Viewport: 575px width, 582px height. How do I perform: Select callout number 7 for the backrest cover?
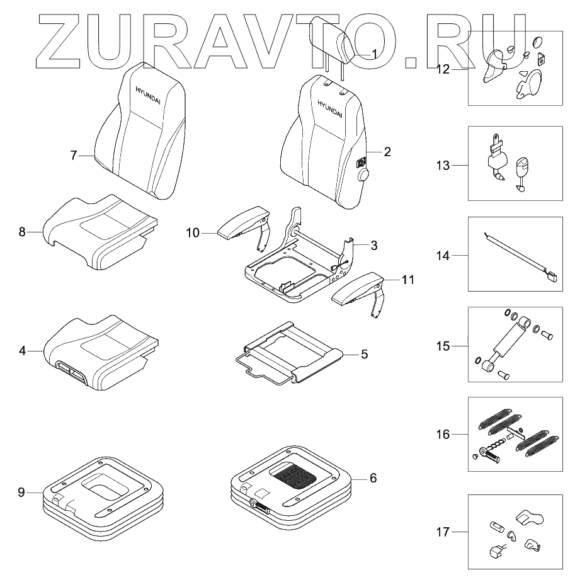[x=73, y=154]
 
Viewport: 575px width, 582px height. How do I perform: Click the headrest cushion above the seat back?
[x=333, y=39]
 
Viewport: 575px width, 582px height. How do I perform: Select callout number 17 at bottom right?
[x=443, y=532]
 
